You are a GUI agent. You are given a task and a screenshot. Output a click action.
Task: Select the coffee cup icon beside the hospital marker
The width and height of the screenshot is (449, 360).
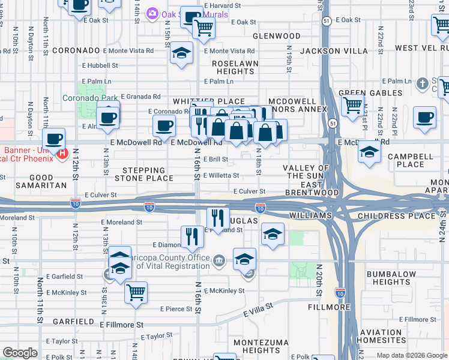click(54, 139)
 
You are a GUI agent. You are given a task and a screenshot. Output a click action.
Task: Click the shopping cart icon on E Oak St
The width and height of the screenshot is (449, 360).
click(203, 27)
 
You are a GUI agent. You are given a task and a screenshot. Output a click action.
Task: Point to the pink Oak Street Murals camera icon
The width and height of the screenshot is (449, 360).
click(152, 13)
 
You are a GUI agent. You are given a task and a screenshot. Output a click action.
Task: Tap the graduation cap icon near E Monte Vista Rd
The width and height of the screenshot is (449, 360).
click(181, 54)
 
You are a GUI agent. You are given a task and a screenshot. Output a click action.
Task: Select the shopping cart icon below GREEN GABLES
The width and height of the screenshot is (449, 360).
click(352, 106)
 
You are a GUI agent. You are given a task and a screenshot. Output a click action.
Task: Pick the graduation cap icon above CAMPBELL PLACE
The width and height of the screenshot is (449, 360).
click(369, 152)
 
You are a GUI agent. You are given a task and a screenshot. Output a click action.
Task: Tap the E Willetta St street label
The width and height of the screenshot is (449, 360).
click(221, 176)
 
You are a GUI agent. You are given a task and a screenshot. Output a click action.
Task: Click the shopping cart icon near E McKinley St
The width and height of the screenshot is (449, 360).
click(136, 293)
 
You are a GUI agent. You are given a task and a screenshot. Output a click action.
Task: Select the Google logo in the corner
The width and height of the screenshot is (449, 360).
click(20, 353)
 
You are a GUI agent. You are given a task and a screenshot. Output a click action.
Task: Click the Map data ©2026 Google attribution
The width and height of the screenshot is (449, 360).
click(411, 355)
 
